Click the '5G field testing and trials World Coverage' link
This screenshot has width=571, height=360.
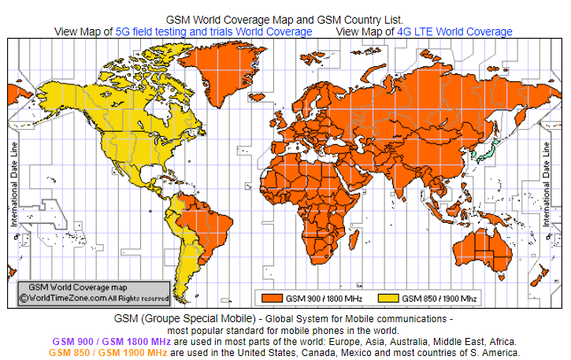(213, 32)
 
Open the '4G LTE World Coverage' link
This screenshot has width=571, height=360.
(454, 32)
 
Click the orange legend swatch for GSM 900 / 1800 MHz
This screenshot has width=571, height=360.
(273, 299)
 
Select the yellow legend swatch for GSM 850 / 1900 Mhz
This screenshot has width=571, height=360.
(389, 299)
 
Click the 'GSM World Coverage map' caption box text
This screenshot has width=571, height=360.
(78, 288)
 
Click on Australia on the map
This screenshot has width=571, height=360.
(481, 245)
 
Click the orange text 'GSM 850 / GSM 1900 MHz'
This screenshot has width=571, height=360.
(107, 354)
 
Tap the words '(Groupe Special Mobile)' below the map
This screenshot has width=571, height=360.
(198, 318)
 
